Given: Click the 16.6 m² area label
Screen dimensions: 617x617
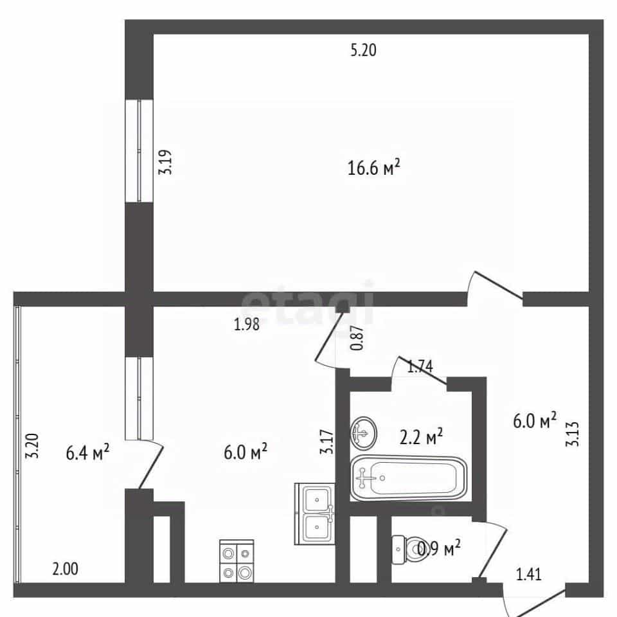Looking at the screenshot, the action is [374, 168].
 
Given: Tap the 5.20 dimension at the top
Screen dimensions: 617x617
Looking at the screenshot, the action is [363, 50].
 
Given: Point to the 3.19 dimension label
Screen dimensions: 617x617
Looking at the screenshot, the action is [165, 162].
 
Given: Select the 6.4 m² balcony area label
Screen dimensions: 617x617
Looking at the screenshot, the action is [87, 452].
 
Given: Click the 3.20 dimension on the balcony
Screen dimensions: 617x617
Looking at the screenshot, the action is [32, 446].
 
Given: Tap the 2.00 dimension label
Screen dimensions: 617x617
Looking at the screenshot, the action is [66, 569].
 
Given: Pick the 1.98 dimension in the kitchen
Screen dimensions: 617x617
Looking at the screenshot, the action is [247, 324].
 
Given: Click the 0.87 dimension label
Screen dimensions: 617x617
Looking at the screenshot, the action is [357, 339].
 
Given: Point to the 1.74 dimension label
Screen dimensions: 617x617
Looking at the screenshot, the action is [420, 367].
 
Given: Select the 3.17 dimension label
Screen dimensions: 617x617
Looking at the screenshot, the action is [327, 442].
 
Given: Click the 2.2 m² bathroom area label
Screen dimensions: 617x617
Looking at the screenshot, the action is [421, 436].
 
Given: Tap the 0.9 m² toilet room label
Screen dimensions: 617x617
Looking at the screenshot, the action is [439, 548].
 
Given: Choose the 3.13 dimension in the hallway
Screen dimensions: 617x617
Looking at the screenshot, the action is [573, 434].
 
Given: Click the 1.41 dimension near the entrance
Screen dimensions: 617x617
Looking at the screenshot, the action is [529, 575].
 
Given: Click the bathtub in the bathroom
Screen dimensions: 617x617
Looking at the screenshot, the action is [408, 478].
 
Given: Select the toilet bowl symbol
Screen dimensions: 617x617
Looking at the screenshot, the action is [408, 550].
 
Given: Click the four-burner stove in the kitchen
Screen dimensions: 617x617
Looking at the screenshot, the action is [237, 561].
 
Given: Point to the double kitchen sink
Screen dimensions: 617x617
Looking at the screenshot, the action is [315, 514].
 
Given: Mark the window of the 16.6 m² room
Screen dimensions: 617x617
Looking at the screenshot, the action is [139, 150].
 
